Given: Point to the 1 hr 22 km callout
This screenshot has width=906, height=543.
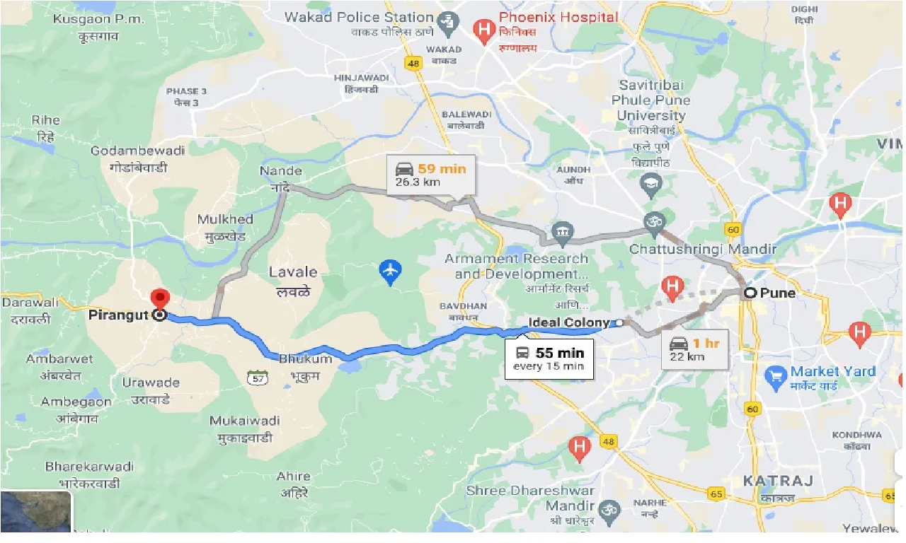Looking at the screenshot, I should [x=697, y=349].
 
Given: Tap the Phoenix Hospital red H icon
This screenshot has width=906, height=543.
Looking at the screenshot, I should [x=484, y=30].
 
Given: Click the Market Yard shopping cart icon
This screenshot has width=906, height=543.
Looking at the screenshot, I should [x=776, y=377].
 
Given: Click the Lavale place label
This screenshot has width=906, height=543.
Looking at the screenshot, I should [x=293, y=272].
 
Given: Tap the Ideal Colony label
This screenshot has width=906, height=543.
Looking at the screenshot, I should [x=568, y=322].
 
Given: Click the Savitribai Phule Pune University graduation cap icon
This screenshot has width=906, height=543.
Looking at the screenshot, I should [x=650, y=185].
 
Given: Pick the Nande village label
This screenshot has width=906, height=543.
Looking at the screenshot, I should [x=281, y=170].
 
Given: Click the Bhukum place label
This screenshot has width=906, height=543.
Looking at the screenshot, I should [x=305, y=358].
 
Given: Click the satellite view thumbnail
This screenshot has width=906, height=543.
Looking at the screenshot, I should [x=35, y=511].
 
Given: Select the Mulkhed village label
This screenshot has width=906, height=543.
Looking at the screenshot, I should [x=225, y=219].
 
